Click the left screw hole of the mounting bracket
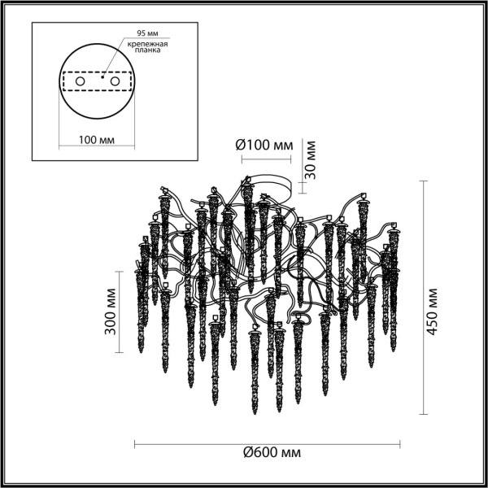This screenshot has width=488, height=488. click(x=80, y=82)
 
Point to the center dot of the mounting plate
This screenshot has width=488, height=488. click(x=102, y=81)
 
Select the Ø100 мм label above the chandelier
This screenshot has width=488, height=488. click(x=264, y=145)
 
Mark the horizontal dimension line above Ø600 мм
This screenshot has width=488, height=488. click(x=267, y=443)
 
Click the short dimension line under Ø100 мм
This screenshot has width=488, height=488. click(x=264, y=160)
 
